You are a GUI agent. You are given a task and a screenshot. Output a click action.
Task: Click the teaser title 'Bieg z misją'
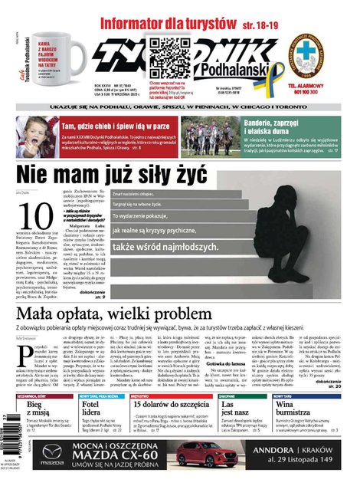tap(38, 411)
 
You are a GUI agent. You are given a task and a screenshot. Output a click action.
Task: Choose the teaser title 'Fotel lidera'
tap(91, 411)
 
